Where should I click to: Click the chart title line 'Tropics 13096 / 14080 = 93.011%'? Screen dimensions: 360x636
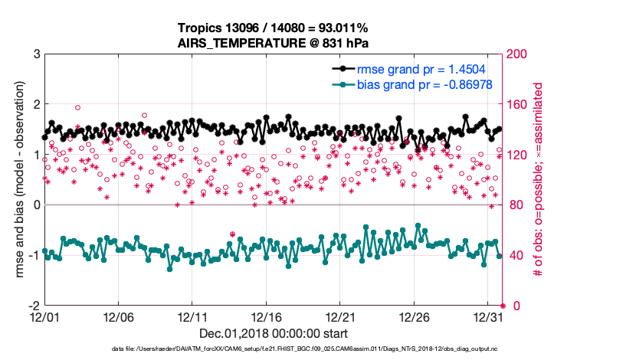click(274, 28)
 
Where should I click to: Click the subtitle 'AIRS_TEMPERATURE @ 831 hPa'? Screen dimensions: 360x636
click(274, 44)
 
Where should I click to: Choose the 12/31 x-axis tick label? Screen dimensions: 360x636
click(488, 316)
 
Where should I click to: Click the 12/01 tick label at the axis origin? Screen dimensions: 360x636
click(44, 316)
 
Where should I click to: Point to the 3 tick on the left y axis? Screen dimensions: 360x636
click(36, 54)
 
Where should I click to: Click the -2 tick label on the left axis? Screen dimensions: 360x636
click(34, 306)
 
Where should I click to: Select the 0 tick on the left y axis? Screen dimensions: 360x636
click(36, 205)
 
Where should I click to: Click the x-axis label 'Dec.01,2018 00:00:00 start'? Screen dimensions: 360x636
click(274, 334)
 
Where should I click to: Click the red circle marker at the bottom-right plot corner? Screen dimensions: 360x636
click(503, 306)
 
